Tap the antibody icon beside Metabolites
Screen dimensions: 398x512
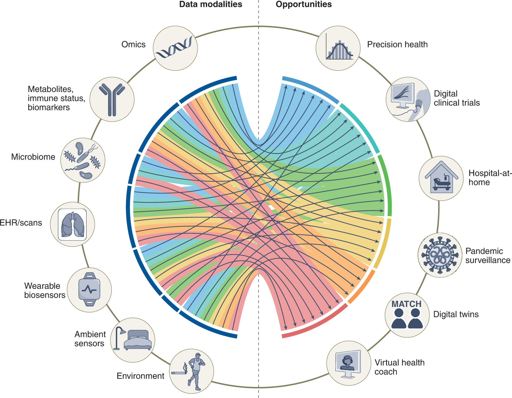(112, 99)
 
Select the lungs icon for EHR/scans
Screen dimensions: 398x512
(73, 225)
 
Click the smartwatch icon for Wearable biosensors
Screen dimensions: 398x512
(89, 290)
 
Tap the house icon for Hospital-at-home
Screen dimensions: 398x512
(441, 179)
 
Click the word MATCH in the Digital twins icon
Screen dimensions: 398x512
(406, 304)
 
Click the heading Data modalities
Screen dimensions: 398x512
(211, 4)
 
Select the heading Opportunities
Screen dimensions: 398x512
(304, 4)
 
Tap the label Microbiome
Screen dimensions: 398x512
(33, 157)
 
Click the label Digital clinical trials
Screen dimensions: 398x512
(456, 98)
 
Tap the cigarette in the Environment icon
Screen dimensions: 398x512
(179, 373)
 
